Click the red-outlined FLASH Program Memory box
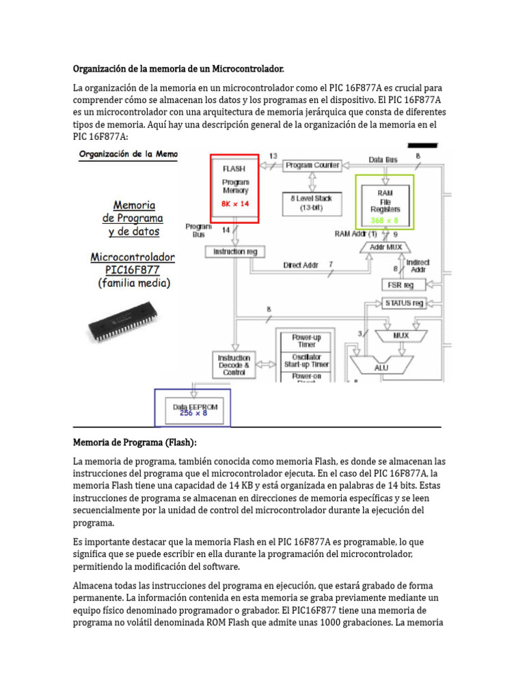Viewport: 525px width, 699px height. pos(234,188)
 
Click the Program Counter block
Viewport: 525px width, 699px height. pos(313,165)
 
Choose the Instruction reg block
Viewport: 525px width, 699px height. pos(234,251)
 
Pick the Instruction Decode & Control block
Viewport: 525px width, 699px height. pos(234,365)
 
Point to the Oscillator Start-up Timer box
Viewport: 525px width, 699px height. pos(306,360)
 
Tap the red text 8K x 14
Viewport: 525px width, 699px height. pos(234,203)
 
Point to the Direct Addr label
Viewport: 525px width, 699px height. pos(301,265)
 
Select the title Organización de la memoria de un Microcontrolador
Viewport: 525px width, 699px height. pos(178,70)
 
